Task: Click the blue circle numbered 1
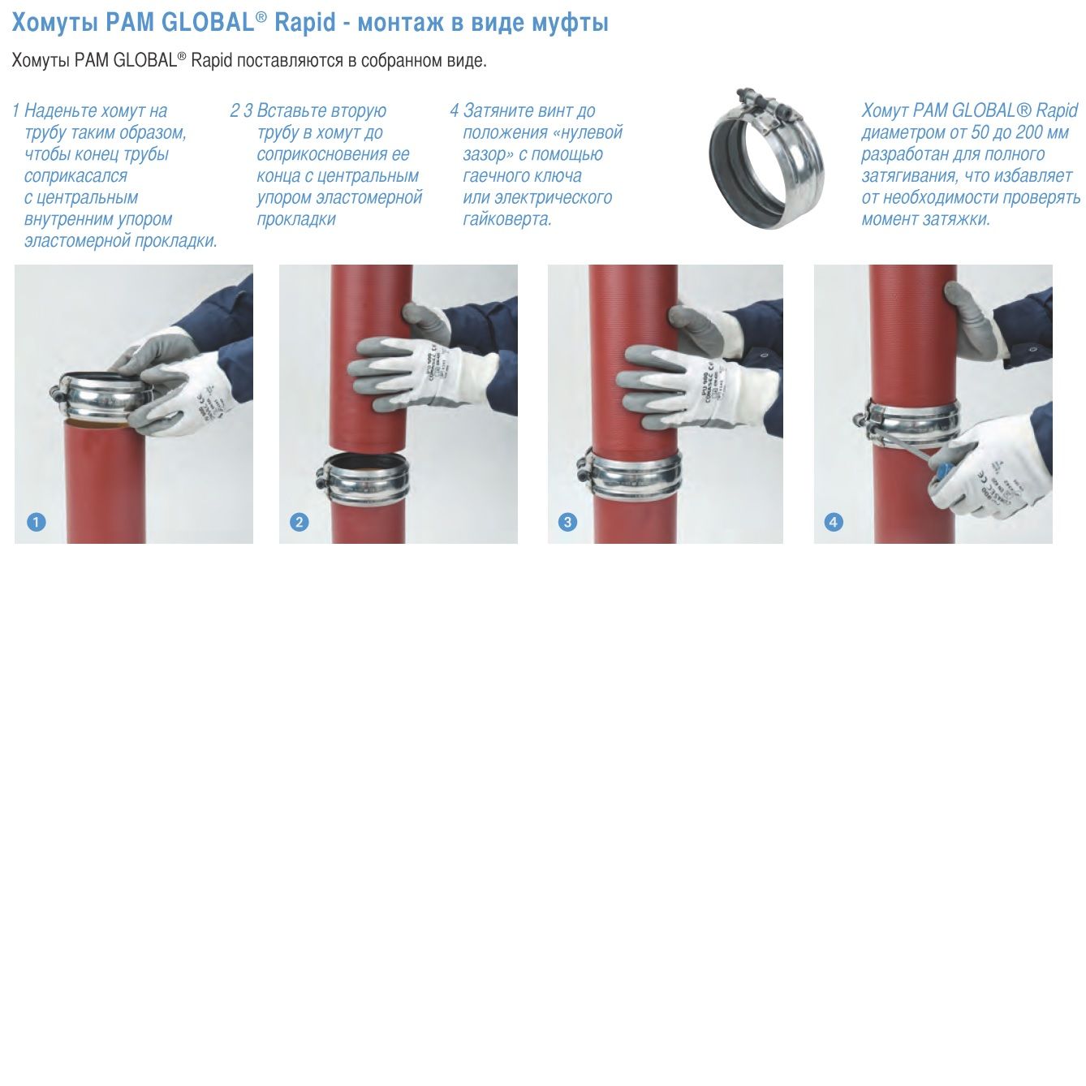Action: click(x=36, y=522)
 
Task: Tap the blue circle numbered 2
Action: click(x=300, y=522)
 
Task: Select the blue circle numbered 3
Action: click(x=567, y=522)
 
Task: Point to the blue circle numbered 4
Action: click(x=834, y=522)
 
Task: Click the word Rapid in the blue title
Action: click(x=305, y=23)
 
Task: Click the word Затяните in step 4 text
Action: click(x=498, y=111)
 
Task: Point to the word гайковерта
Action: click(x=506, y=219)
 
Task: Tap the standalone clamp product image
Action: click(x=767, y=159)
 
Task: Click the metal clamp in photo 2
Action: click(x=364, y=479)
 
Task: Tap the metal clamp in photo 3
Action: click(x=630, y=474)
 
